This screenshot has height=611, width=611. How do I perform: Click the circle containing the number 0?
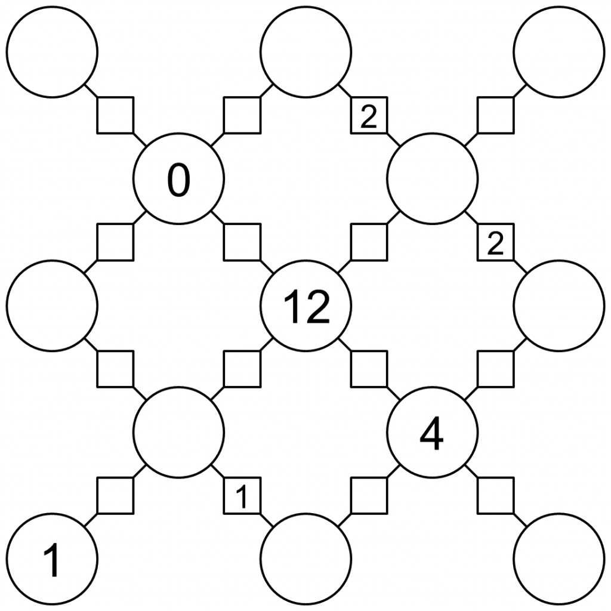[x=178, y=178]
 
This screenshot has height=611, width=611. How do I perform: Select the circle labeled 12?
[x=305, y=305]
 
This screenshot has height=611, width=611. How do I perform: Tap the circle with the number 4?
[x=432, y=432]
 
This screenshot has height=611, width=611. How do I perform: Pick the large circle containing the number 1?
[x=52, y=559]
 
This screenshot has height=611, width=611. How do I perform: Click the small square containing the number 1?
[x=242, y=495]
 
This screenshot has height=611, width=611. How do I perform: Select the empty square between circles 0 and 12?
[x=242, y=242]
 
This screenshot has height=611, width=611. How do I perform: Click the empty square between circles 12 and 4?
[x=369, y=369]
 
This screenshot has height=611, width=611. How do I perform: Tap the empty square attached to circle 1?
[x=115, y=495]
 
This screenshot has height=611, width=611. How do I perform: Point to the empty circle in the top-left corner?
[x=52, y=52]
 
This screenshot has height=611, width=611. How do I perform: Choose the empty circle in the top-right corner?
[x=559, y=52]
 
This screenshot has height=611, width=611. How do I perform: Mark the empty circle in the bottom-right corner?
[x=559, y=559]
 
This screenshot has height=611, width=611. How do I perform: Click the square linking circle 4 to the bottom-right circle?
[x=495, y=495]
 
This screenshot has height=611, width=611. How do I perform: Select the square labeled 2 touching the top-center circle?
[x=369, y=115]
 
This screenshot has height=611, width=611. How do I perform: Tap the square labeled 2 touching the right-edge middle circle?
[x=495, y=242]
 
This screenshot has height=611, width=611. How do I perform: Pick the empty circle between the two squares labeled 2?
[x=432, y=178]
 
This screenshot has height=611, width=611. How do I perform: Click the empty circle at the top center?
[x=305, y=52]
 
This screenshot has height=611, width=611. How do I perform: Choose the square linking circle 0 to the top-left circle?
[x=115, y=115]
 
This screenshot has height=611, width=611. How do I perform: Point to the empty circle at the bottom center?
[x=305, y=559]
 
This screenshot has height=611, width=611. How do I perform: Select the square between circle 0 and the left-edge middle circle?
[x=115, y=242]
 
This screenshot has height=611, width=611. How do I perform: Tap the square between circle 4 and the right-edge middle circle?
[x=495, y=369]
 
